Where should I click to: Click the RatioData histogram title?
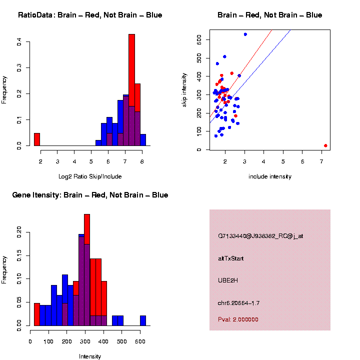tap(90, 15)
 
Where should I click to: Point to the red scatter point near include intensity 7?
tap(325, 145)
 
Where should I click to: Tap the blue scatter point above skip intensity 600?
tap(245, 34)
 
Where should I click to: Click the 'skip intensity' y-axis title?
tap(184, 89)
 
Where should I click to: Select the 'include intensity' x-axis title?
tap(270, 176)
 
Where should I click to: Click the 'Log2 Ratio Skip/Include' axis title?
tap(90, 176)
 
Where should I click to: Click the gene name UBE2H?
tap(228, 280)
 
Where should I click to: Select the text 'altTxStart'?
tap(231, 258)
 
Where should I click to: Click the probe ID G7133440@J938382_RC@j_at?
tap(260, 236)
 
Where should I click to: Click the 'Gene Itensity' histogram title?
tap(90, 195)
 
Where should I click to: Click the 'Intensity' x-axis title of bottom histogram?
tap(90, 356)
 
